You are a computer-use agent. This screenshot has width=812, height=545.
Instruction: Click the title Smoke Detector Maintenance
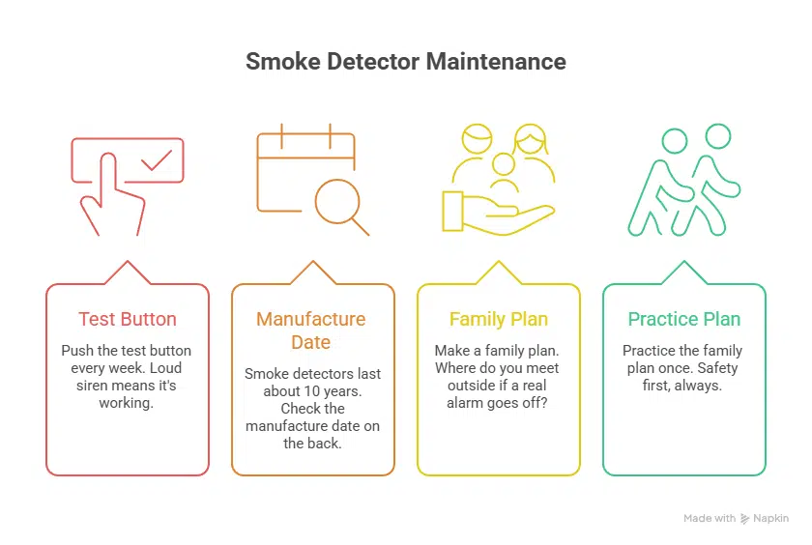tap(405, 62)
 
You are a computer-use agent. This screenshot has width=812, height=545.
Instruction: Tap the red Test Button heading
tap(127, 319)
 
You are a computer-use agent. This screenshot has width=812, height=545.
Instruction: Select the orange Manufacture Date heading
tap(311, 330)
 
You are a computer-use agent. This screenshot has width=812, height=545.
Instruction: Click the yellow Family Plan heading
tap(498, 319)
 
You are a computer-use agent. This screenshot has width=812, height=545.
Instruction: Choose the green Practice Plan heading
tap(683, 319)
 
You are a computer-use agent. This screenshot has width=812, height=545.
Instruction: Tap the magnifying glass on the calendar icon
tap(339, 204)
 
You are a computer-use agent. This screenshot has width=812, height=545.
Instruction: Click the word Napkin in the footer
tap(771, 519)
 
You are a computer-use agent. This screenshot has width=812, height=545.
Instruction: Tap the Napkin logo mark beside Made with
tap(745, 519)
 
